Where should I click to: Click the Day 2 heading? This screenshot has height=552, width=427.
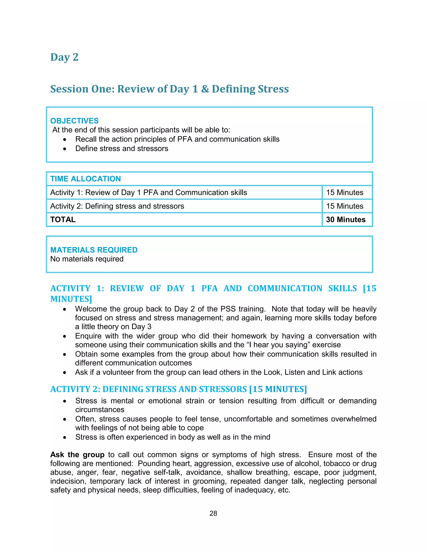[64, 57]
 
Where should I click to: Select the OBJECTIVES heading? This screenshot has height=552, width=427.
[74, 121]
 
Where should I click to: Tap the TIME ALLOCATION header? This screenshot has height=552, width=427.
[85, 179]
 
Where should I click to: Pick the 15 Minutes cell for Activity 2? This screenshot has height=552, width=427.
[344, 206]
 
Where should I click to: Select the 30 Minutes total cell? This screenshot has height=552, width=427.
[345, 219]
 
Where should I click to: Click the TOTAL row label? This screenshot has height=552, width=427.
[63, 219]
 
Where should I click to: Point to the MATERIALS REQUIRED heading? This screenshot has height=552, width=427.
[94, 250]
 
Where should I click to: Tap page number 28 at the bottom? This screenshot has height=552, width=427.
[213, 513]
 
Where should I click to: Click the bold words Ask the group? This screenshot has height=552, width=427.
[77, 455]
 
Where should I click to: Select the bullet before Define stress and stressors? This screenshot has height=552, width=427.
[65, 149]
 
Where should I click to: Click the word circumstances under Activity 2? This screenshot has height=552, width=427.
[100, 410]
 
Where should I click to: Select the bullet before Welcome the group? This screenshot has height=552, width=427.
[65, 309]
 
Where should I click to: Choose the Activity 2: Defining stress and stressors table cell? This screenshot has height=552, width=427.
[117, 206]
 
